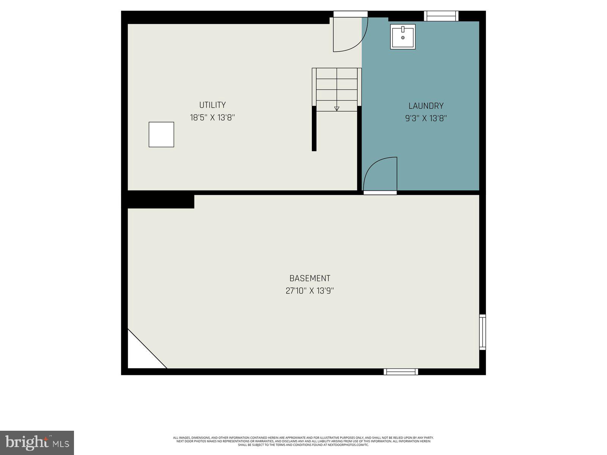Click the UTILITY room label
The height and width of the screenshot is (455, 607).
tap(212, 105)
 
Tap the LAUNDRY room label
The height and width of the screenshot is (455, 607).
tap(426, 106)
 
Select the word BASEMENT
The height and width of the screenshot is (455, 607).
tap(310, 278)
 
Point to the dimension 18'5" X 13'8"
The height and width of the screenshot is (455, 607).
tap(212, 118)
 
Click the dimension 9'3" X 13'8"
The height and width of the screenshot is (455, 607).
tap(426, 119)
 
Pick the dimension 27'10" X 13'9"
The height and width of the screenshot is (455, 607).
tap(310, 291)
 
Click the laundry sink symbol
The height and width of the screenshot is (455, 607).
tap(403, 37)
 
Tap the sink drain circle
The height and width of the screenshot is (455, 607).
tap(403, 38)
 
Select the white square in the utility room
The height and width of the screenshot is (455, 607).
tap(161, 135)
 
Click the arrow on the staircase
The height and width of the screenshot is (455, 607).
tap(337, 108)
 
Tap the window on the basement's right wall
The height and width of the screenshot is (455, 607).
tap(483, 332)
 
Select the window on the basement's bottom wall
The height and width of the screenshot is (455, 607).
tap(401, 372)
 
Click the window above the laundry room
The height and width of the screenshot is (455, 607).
tap(441, 16)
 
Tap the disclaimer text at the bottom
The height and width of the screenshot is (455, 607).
tap(303, 441)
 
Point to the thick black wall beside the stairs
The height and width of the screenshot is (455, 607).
tap(314, 129)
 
